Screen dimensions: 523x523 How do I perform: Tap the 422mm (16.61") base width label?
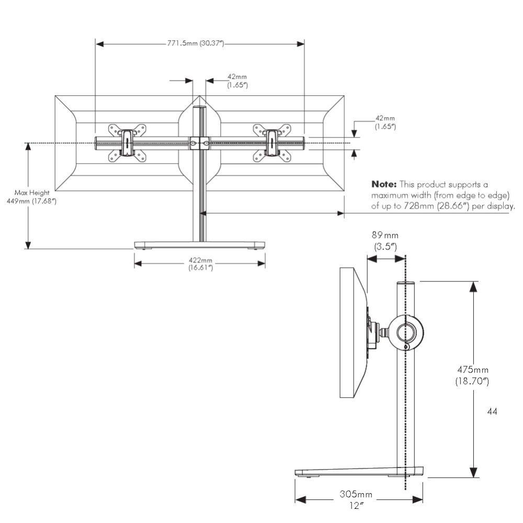(200, 264)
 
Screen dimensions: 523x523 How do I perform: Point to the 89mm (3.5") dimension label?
(386, 241)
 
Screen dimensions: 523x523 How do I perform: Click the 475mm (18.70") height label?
(472, 375)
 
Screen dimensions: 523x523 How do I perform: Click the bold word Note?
(384, 185)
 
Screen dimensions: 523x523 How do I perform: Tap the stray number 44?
(492, 412)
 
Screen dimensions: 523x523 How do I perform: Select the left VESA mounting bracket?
(127, 142)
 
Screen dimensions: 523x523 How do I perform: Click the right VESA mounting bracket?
(271, 142)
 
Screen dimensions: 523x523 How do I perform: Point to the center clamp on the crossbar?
(199, 142)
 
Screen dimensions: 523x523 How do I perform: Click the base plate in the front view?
(199, 244)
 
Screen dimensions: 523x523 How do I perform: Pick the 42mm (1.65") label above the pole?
(237, 81)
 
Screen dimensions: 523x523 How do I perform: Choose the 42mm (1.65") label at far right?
(385, 122)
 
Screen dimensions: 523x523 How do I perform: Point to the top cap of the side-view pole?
(405, 283)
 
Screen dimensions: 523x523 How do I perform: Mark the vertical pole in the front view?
(199, 199)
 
